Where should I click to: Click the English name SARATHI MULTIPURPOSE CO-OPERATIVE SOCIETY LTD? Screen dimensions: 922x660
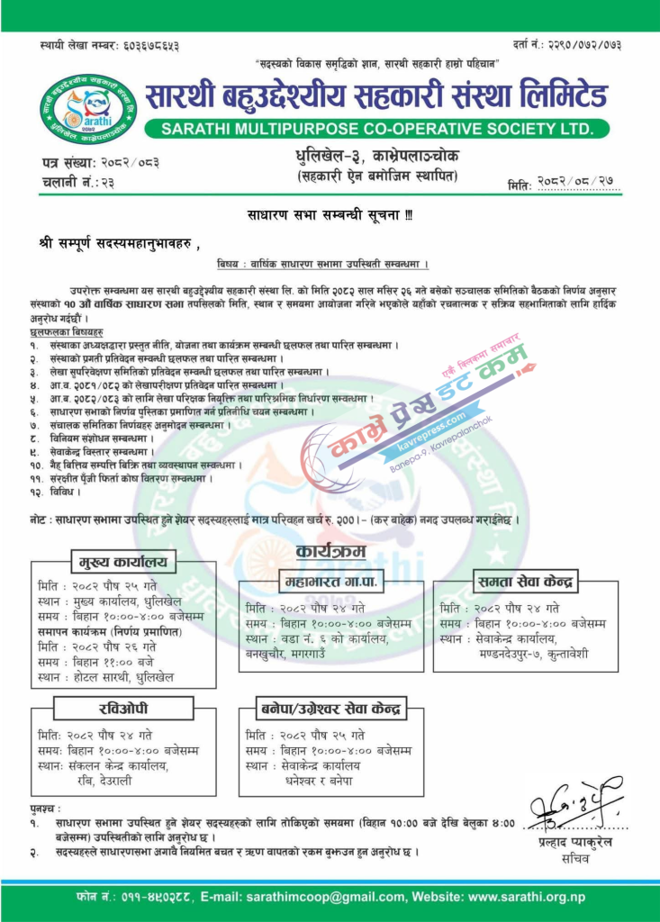[x=377, y=129]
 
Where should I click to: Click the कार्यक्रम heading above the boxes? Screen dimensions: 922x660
[x=330, y=550]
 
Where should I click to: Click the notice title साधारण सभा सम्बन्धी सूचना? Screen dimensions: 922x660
[x=329, y=216]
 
